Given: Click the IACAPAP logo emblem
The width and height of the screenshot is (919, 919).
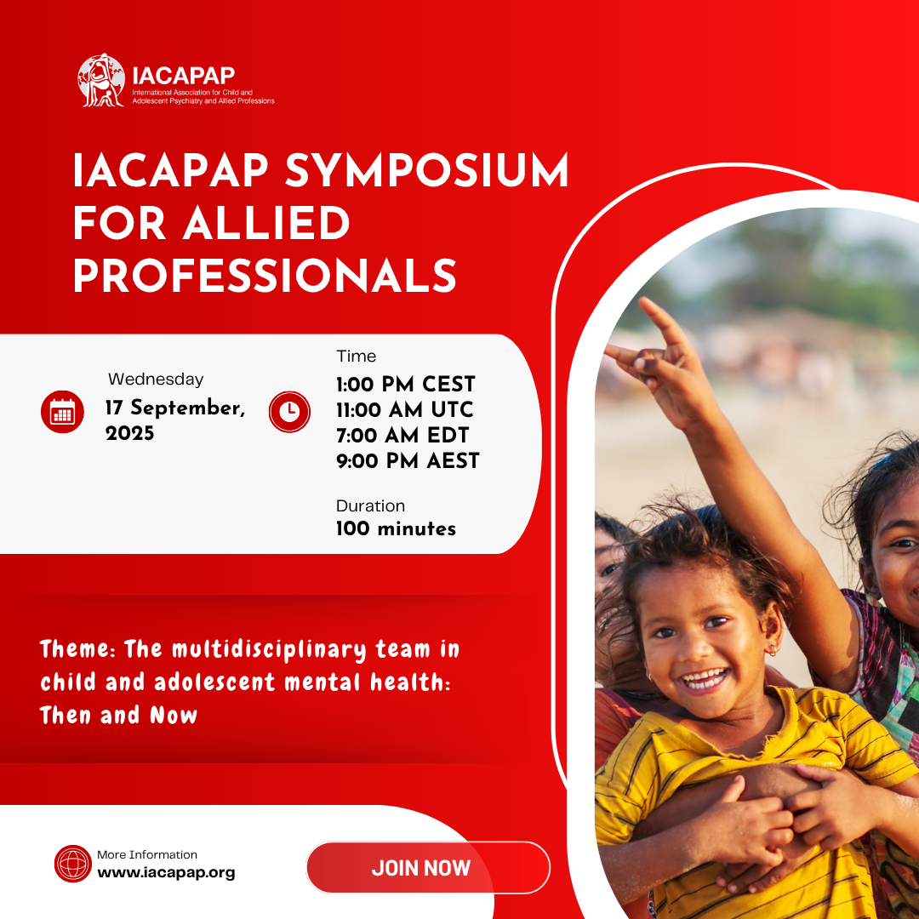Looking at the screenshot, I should [x=101, y=81].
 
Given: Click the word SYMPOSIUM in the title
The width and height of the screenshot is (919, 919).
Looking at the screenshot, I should [x=426, y=172].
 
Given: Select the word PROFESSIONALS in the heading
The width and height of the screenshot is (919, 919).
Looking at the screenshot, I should [x=265, y=276].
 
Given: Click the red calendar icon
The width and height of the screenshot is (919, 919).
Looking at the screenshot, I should [x=62, y=412].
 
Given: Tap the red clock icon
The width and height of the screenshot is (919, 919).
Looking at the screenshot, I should [x=290, y=412].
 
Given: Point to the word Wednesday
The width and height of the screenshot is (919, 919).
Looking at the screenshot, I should [x=156, y=380].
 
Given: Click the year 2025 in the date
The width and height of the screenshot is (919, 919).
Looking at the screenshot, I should [x=130, y=434].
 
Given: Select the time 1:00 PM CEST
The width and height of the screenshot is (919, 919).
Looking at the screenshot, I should [x=405, y=384].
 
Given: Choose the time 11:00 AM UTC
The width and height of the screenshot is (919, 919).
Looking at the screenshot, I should [x=404, y=409].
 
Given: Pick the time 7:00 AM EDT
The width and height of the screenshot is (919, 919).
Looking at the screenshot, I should [x=402, y=435].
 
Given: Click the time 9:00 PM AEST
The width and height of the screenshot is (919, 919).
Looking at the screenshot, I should [x=408, y=461].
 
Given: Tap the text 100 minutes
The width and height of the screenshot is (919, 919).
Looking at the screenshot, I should [x=396, y=528].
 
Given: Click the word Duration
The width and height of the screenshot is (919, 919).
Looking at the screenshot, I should [x=370, y=505].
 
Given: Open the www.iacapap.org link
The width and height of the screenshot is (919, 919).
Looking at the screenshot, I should [x=166, y=872].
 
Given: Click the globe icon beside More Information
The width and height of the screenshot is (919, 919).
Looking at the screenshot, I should [x=72, y=863].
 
